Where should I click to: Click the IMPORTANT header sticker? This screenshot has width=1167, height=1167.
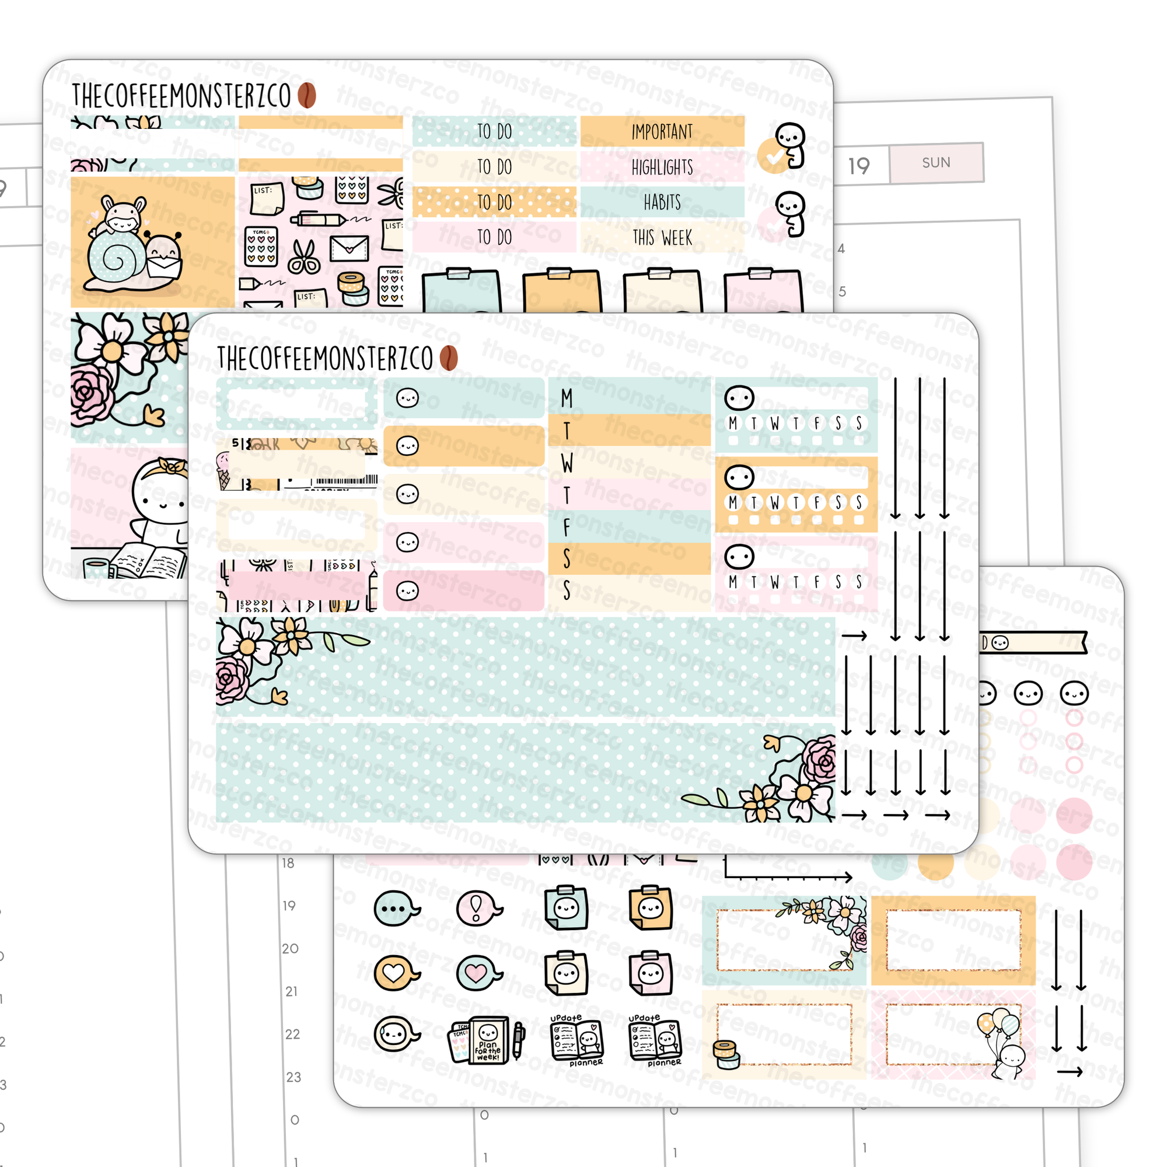(x=662, y=131)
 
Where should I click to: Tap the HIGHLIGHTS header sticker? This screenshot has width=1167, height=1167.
(x=662, y=167)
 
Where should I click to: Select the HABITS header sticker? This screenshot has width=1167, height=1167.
(x=662, y=202)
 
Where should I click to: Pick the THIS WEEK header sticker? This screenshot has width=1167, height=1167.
(x=662, y=238)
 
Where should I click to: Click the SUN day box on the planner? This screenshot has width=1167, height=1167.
(x=936, y=162)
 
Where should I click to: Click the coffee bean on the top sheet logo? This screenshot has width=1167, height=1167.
(x=307, y=96)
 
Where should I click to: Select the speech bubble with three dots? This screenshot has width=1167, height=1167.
(x=394, y=908)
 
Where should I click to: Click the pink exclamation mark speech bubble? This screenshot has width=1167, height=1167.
(x=477, y=907)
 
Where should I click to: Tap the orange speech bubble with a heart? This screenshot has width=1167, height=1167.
(x=394, y=973)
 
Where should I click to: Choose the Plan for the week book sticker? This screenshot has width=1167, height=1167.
(x=483, y=1039)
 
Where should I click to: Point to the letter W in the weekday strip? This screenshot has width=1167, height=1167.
(x=567, y=463)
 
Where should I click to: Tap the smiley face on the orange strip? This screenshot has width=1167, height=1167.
(x=408, y=446)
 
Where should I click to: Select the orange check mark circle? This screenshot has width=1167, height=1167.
(x=773, y=156)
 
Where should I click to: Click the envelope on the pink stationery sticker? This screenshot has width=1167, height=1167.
(x=349, y=247)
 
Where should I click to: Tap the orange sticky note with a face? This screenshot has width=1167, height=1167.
(x=651, y=907)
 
